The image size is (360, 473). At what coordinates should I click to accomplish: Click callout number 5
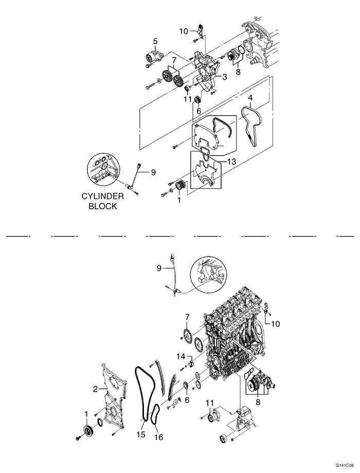(155, 41)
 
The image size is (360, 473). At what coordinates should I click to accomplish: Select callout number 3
(225, 77)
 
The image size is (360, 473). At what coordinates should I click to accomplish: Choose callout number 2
(95, 389)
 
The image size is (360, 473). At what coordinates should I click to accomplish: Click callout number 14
(181, 356)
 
